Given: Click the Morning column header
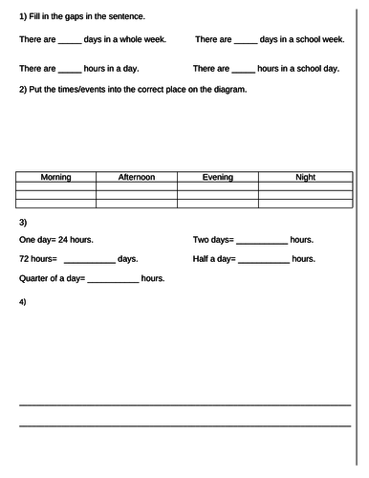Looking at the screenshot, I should click(55, 177).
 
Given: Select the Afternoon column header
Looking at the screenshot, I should click(137, 177).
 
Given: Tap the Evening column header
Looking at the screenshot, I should click(218, 177).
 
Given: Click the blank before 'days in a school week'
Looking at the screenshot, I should click(246, 40).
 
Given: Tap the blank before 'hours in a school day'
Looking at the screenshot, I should click(243, 70).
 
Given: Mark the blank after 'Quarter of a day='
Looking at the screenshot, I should click(113, 279).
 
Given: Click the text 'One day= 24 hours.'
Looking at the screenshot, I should click(56, 240).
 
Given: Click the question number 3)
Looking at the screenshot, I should click(23, 222).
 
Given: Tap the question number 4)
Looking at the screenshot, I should click(23, 302).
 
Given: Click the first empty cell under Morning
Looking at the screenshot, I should click(55, 185).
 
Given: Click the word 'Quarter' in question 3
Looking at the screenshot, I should click(35, 278).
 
